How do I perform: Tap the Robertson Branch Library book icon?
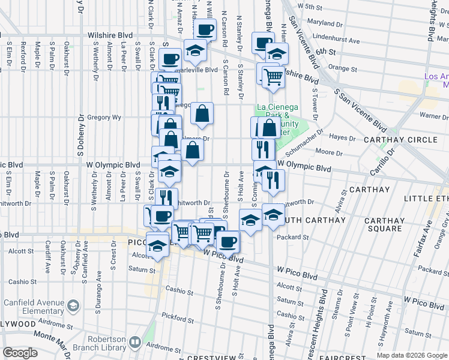point(134,343)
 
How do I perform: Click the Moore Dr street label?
point(328,153)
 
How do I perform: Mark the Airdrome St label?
point(163,347)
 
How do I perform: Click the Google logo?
point(20,353)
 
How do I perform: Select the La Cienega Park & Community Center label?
point(277,119)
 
